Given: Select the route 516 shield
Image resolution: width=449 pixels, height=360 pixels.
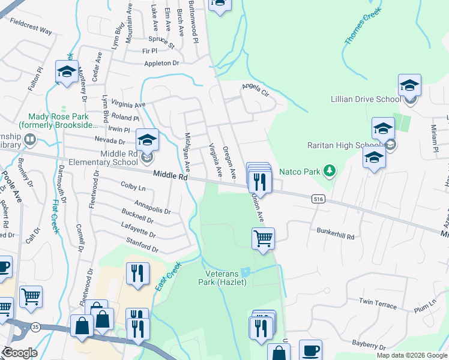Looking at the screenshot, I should [319, 198].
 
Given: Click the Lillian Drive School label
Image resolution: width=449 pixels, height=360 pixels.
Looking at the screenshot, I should [365, 99].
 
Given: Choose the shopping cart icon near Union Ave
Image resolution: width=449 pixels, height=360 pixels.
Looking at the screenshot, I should [263, 238].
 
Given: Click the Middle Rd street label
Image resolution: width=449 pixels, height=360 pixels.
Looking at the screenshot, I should [170, 175].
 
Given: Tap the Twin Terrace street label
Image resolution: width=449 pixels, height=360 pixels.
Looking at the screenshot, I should [378, 303].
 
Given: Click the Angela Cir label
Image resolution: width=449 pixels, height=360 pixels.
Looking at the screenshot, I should [255, 89].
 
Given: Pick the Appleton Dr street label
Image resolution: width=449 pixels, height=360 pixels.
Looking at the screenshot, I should [161, 63].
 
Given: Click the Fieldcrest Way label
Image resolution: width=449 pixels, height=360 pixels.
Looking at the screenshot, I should [31, 26].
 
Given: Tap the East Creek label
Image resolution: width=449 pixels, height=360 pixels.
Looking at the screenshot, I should [167, 277].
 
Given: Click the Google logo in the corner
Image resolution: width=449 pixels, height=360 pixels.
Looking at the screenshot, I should [19, 353].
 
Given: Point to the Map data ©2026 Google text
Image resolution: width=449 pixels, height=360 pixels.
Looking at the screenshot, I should [412, 355].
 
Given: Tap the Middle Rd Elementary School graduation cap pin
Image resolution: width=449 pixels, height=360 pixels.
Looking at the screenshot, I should [147, 140].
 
